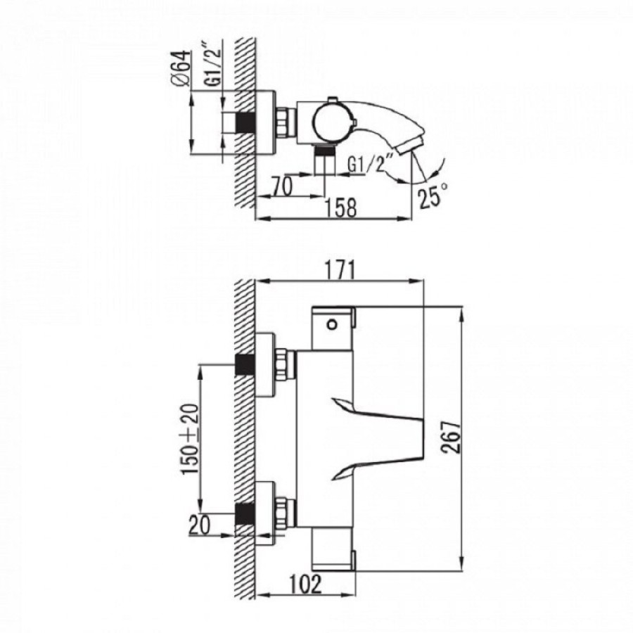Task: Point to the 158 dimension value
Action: [340, 208]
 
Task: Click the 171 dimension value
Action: [340, 269]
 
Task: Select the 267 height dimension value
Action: [452, 437]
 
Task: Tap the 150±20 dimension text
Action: [190, 439]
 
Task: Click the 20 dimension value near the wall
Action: [200, 525]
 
